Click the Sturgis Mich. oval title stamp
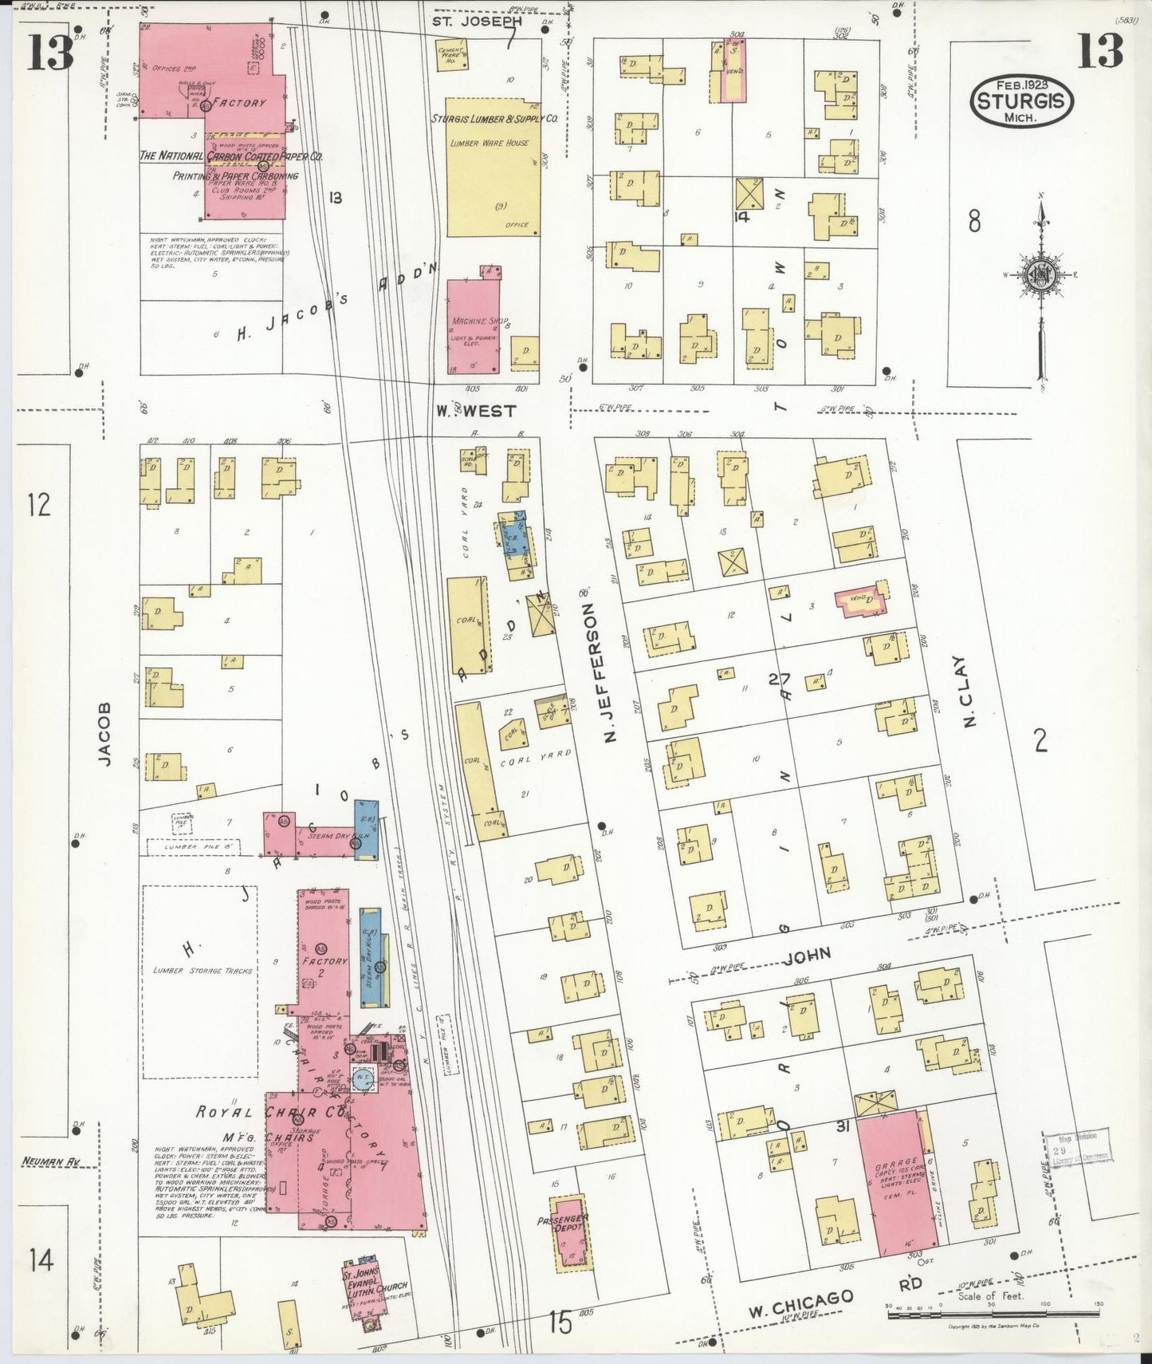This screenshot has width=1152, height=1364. tap(1021, 101)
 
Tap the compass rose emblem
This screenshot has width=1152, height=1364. tap(1040, 275)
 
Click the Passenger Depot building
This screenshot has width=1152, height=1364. tap(571, 1232)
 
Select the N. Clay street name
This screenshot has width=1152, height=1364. tap(969, 692)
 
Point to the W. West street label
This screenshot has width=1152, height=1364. tap(476, 412)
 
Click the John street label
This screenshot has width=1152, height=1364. tap(808, 953)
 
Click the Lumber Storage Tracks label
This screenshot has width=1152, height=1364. tap(202, 971)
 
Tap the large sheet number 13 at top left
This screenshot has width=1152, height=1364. tap(51, 53)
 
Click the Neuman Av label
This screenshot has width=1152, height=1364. tap(53, 1162)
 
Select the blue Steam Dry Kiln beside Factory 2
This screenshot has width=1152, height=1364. tap(370, 957)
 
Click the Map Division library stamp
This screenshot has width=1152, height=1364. tap(1075, 1146)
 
